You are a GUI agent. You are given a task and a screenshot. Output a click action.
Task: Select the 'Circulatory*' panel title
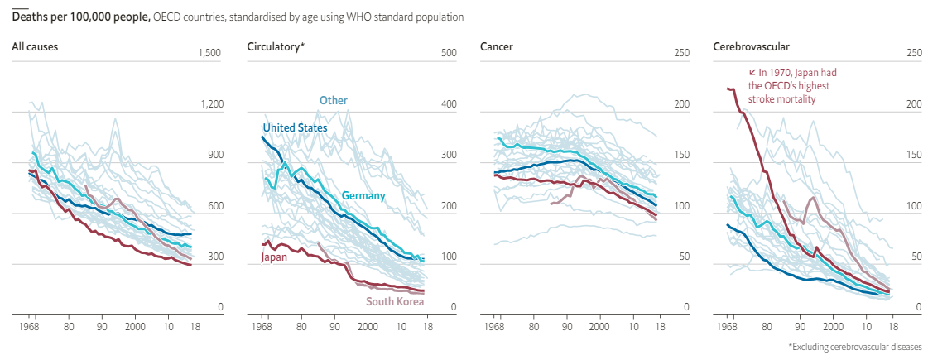276,46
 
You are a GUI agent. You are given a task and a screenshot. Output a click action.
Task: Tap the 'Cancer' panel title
497,46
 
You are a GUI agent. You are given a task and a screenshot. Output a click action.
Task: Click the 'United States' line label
295,127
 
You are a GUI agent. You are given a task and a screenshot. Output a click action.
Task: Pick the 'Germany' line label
363,195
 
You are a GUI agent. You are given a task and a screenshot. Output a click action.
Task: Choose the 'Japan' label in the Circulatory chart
274,257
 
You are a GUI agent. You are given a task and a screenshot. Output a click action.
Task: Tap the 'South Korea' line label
395,301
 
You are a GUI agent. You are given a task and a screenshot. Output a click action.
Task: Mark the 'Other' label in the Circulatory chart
334,100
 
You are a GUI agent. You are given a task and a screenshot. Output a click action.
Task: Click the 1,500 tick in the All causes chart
211,53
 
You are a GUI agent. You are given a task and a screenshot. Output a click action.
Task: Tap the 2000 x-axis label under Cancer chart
599,328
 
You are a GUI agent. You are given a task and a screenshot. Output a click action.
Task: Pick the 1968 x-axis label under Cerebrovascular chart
728,328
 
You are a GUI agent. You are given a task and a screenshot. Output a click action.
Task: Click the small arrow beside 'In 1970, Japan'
752,72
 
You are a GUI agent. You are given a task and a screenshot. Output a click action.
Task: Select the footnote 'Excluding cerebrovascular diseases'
854,347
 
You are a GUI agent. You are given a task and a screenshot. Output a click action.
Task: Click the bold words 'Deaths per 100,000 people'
80,17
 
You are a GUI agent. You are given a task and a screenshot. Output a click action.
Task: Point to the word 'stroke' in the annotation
762,98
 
